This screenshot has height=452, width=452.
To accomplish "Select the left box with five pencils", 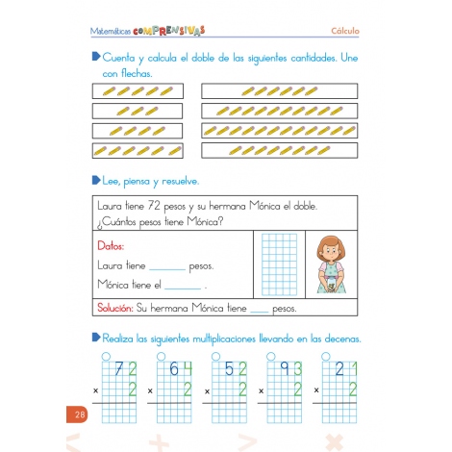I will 138,91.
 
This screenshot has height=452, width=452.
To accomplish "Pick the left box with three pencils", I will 138,111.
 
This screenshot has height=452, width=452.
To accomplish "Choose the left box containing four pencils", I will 138,130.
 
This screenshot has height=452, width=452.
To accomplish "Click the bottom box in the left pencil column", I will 138,150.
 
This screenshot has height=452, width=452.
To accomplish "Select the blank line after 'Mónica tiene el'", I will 183,287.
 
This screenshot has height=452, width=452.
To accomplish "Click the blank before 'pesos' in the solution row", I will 261,311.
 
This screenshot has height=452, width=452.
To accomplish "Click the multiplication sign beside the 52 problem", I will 207,391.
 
